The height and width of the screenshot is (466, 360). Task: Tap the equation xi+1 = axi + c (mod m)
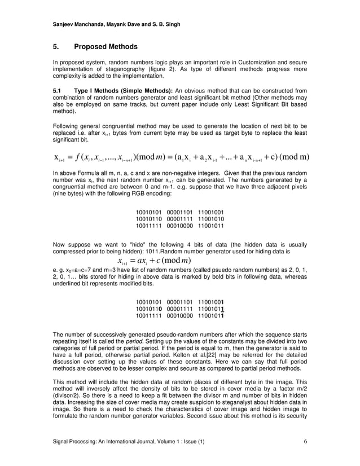coord(154,260)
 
